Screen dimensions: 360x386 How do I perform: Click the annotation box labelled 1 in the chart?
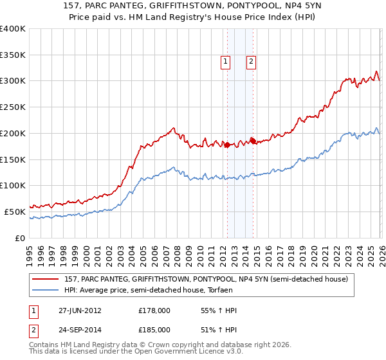tap(226, 62)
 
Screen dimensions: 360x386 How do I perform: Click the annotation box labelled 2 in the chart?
tap(251, 62)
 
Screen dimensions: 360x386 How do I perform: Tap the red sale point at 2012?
tap(227, 145)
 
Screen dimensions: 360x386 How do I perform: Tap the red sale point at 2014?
tap(253, 140)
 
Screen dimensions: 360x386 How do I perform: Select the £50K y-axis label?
tap(15, 212)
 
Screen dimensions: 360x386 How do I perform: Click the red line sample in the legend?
tap(46, 279)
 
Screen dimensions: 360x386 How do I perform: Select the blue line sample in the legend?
tap(46, 290)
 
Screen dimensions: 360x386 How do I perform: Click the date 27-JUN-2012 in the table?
tap(80, 311)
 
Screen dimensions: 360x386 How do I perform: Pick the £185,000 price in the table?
tap(154, 329)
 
